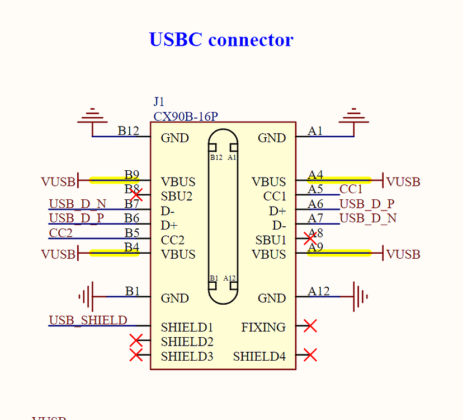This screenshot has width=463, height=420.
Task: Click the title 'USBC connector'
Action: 221,39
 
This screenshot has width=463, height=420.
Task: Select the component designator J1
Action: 159,102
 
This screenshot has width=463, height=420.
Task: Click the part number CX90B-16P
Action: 186,116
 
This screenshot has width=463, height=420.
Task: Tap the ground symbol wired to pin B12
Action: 92,115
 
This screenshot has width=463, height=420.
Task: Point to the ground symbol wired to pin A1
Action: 354,115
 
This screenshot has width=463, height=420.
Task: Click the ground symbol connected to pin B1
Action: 86,296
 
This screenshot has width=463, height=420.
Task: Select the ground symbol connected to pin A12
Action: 360,296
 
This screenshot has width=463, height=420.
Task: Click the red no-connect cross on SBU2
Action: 136,195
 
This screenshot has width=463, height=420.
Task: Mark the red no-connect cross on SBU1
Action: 310,239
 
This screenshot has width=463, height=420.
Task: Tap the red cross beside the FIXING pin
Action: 310,326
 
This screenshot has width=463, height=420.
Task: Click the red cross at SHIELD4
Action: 310,354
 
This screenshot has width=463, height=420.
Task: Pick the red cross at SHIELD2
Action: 136,340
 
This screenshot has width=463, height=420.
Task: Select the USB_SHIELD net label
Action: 88,320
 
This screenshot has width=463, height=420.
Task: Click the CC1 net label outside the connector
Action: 351,189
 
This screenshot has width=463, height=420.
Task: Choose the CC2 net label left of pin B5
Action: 60,233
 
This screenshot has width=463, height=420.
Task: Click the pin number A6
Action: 315,204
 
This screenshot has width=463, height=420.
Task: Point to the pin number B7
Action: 131,204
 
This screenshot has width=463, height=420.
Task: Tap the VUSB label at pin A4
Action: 403,181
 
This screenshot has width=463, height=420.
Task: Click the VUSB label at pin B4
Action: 58,254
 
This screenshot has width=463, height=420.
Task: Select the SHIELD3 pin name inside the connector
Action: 187,356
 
